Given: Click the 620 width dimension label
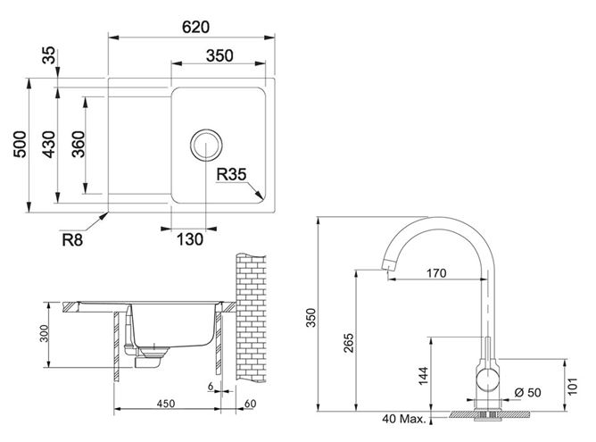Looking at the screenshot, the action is (195, 27).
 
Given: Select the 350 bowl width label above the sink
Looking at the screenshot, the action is (219, 56).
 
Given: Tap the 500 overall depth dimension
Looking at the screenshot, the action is (21, 145).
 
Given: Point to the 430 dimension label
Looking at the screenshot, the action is (49, 145).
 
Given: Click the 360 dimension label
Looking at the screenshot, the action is (79, 145).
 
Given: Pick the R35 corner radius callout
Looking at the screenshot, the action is (231, 175).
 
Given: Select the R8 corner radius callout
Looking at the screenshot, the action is (72, 240).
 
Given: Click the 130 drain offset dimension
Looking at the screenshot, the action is (190, 239).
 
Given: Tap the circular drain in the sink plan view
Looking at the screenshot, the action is (205, 145).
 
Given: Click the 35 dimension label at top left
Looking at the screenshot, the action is (49, 55).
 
